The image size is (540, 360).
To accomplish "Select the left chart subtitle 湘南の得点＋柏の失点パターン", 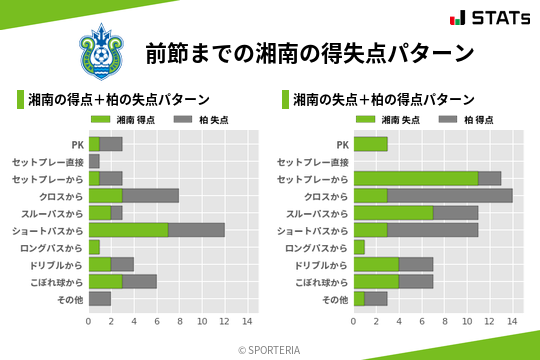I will [119, 100].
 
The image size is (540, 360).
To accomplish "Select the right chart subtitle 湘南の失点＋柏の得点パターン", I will [384, 100].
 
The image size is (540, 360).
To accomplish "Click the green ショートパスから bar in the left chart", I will [128, 230].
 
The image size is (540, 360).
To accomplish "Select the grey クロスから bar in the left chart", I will [151, 196].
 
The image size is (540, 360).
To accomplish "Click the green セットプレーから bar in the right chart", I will [415, 178].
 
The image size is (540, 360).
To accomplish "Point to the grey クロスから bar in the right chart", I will [450, 196].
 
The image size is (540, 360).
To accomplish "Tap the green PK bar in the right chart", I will [370, 144].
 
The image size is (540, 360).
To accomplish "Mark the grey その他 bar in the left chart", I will [100, 299].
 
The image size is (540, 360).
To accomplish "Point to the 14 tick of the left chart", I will [248, 322].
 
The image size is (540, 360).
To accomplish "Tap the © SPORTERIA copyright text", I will [269, 349].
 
